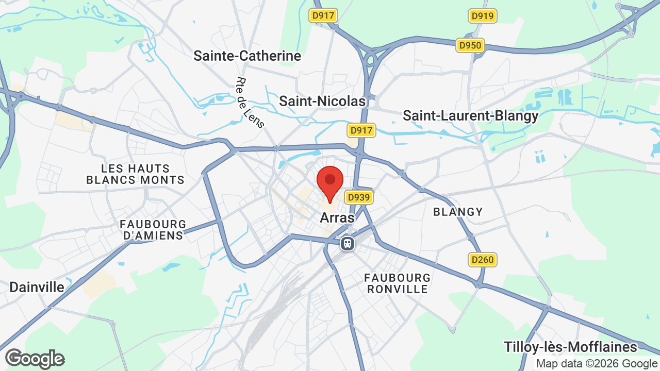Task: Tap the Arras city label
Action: [337, 218]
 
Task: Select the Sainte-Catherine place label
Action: [247, 56]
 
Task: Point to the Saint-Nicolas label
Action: [322, 102]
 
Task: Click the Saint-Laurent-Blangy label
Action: [470, 116]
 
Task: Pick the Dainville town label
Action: [37, 288]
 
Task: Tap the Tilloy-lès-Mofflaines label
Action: [570, 347]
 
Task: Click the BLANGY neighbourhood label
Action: [458, 212]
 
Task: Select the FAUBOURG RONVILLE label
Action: [397, 283]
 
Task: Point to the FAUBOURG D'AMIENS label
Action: [153, 230]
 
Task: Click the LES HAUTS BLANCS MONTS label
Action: [136, 174]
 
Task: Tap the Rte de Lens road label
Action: [251, 103]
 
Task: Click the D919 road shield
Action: [483, 16]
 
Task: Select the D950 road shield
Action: [470, 46]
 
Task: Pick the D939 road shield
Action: [359, 197]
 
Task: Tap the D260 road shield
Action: [483, 260]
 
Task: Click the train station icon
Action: [348, 243]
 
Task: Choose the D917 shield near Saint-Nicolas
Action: [361, 130]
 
